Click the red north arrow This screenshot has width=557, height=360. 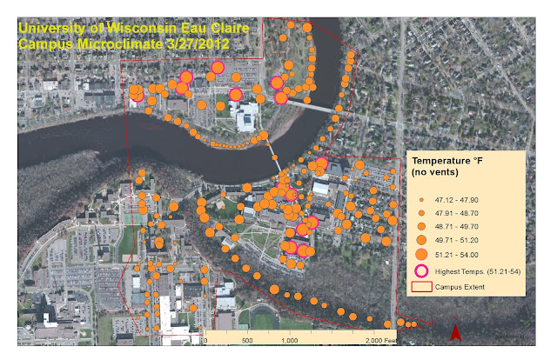[454, 332]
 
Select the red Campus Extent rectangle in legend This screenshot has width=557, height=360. [420, 284]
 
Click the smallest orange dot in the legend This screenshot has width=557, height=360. [420, 198]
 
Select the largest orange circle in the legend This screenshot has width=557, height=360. [420, 252]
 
